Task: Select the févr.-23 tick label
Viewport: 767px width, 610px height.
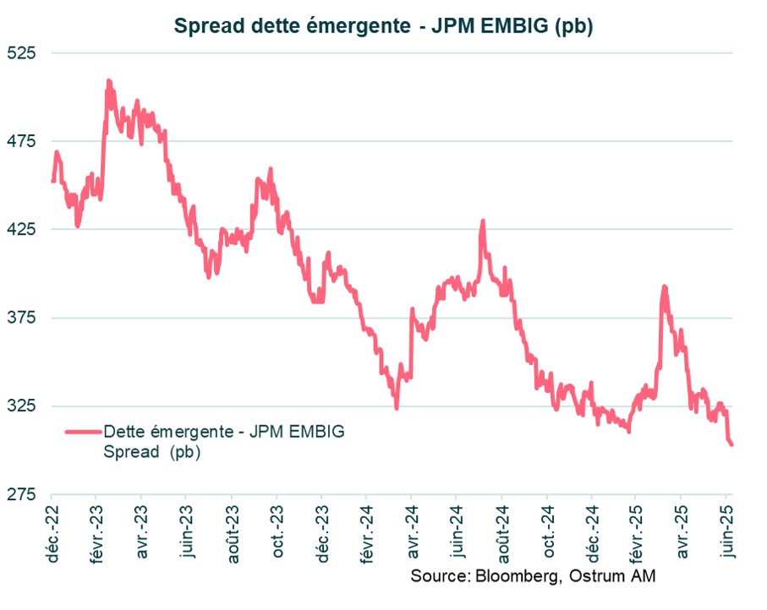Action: [x=96, y=529]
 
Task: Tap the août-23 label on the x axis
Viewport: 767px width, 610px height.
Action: [x=232, y=528]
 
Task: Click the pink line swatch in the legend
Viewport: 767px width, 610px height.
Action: [x=81, y=431]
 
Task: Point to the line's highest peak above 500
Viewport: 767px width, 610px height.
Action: [x=108, y=81]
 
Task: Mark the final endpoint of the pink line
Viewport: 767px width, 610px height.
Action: [x=731, y=444]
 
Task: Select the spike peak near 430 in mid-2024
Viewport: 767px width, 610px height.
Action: [x=483, y=221]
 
